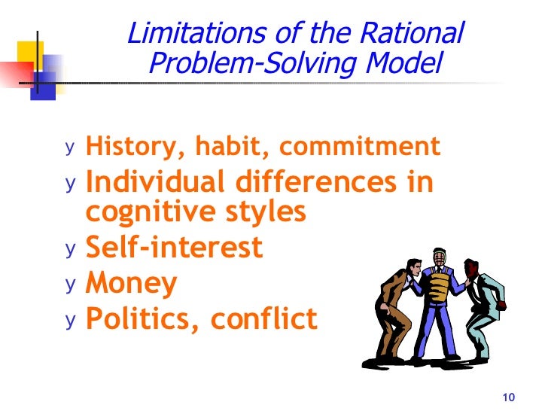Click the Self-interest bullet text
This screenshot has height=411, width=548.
(x=174, y=247)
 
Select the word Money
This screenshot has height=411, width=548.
(x=132, y=284)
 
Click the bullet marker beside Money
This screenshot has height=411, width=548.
(x=70, y=285)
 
